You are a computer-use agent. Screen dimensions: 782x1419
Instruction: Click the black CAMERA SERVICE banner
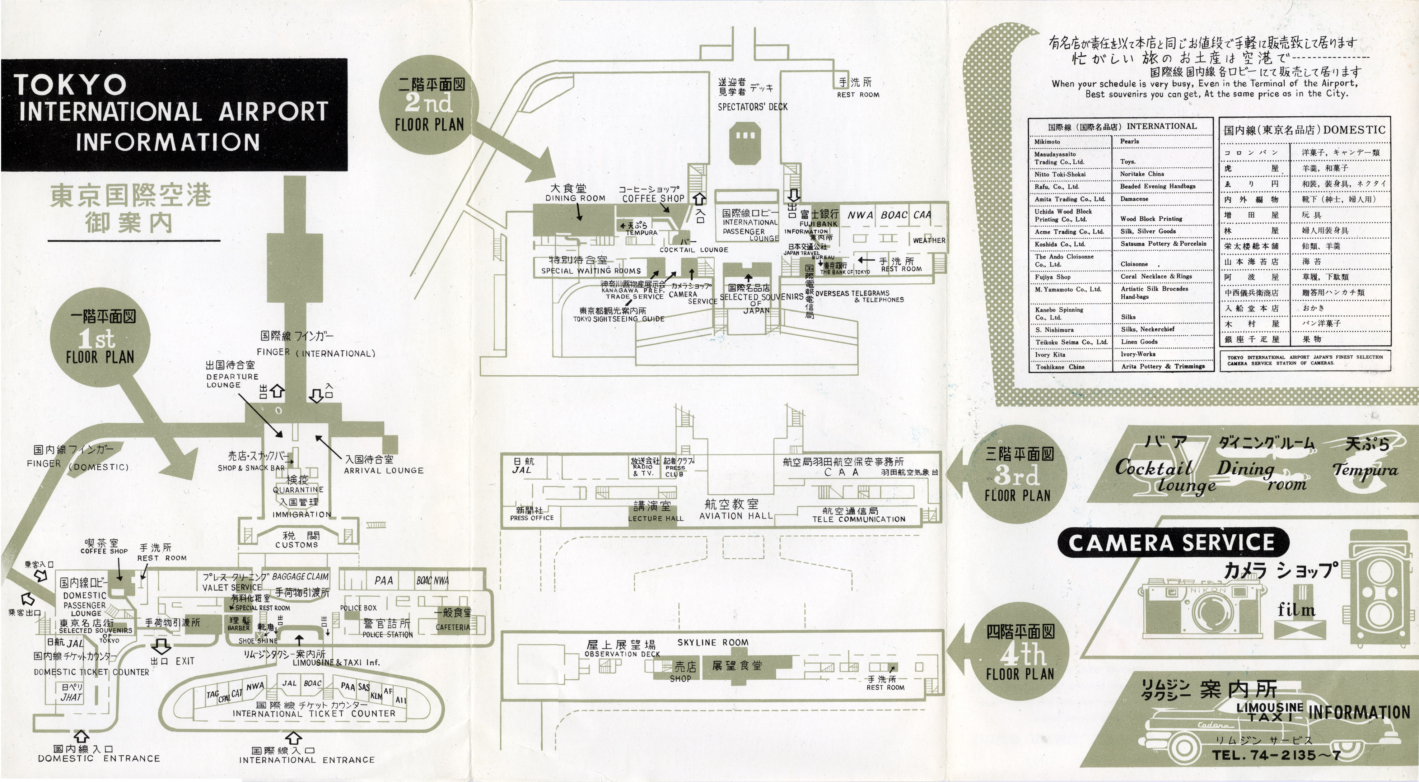point(1172,543)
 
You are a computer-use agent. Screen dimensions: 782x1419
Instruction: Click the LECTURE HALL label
point(655,518)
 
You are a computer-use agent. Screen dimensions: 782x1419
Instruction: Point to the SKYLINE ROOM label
point(713,643)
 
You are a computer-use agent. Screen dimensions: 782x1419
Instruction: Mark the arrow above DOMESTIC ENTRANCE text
point(81,736)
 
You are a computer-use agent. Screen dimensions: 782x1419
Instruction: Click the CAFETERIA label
point(453,627)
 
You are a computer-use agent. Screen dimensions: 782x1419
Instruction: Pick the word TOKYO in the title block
point(70,85)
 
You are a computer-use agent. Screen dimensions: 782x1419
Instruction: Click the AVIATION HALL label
point(736,516)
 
